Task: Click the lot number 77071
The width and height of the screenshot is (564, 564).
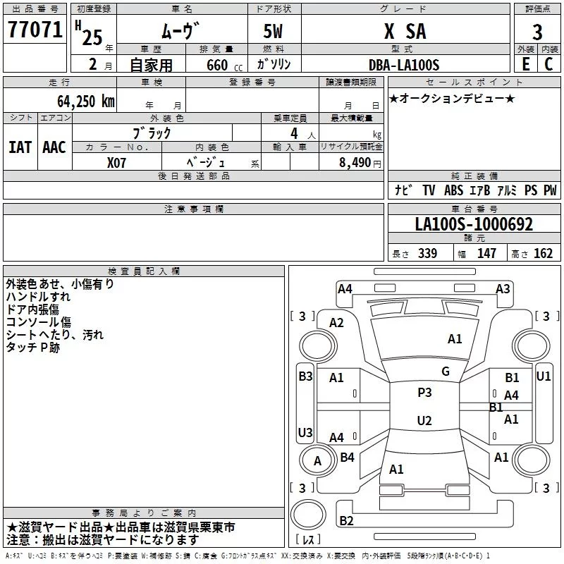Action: (x=35, y=29)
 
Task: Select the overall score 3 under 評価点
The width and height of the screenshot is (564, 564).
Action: (x=537, y=32)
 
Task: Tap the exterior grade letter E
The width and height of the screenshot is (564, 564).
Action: (x=526, y=64)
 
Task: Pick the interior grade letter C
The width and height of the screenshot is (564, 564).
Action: (x=548, y=64)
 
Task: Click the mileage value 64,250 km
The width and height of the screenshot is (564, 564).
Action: (x=86, y=102)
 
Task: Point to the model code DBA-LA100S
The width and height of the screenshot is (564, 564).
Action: (x=404, y=65)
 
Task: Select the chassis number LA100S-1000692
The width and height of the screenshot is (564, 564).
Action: (x=474, y=224)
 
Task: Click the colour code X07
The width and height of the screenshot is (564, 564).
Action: (x=116, y=163)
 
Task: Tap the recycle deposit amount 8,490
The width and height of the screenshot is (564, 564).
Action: (x=355, y=163)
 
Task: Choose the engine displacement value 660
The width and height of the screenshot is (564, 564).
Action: (x=217, y=65)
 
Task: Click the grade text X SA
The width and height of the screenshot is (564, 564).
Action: (x=405, y=31)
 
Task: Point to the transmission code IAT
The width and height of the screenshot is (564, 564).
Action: (x=20, y=147)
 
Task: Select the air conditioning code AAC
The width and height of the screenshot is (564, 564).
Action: (x=54, y=147)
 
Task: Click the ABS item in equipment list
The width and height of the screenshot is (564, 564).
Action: (x=453, y=190)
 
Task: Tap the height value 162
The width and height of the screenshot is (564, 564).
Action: (x=543, y=253)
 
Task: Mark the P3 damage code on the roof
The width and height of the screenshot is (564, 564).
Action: (x=424, y=392)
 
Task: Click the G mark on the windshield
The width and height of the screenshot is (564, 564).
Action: (x=446, y=371)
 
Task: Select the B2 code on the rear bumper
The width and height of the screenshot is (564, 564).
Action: (x=346, y=520)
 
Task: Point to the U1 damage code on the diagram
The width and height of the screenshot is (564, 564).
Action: (x=543, y=376)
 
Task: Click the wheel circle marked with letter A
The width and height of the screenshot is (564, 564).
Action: (x=317, y=461)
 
